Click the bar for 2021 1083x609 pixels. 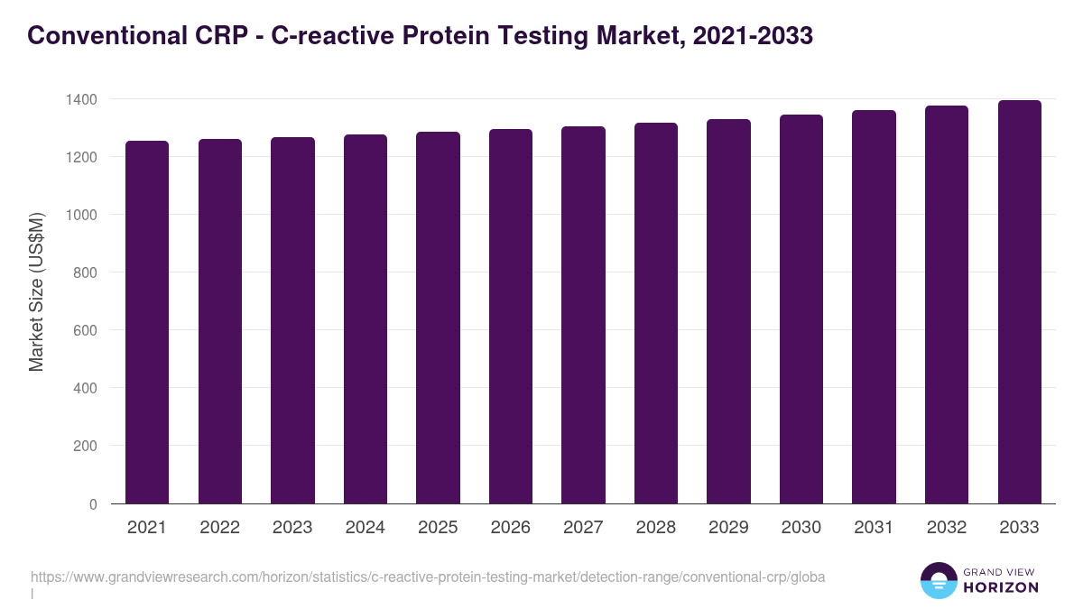(x=147, y=322)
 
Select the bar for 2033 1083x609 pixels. (x=1020, y=302)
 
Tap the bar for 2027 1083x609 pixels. (x=583, y=315)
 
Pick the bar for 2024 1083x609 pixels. (x=366, y=319)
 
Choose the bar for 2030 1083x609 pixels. (x=801, y=309)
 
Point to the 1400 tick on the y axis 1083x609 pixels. (x=81, y=99)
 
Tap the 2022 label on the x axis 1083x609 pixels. (x=219, y=528)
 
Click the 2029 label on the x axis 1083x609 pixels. (x=728, y=528)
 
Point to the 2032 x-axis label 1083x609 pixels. (x=947, y=528)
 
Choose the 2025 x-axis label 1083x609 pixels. (x=438, y=528)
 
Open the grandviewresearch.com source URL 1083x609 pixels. (x=429, y=577)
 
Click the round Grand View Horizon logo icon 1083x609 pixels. (x=938, y=580)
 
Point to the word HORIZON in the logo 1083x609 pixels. (x=1001, y=587)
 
